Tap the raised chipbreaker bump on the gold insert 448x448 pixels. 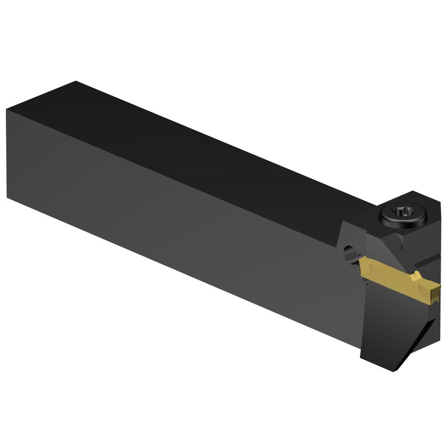click(416, 275)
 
